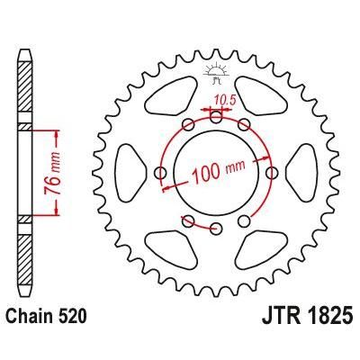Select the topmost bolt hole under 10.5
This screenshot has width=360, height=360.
coord(216,115)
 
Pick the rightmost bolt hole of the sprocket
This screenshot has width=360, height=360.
coord(272,171)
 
